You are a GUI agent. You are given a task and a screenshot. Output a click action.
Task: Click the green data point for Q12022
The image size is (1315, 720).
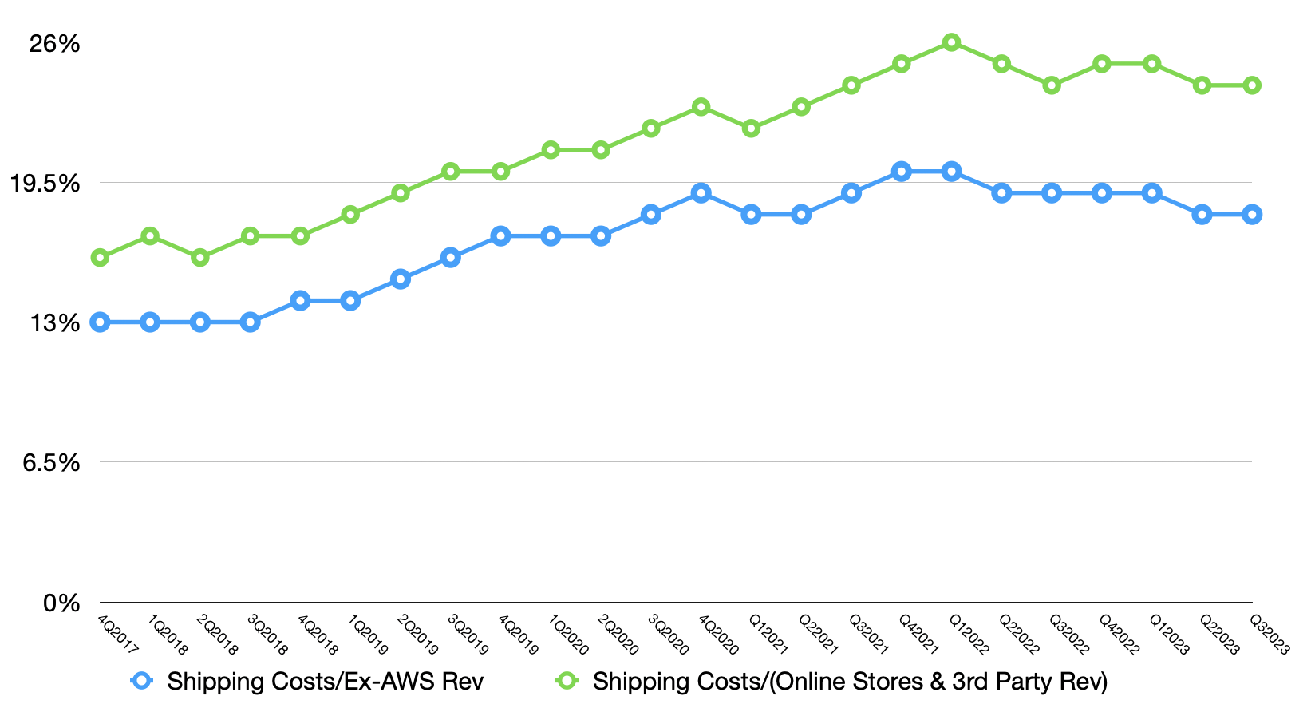click(951, 42)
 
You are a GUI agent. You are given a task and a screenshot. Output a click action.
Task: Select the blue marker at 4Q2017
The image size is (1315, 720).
click(101, 322)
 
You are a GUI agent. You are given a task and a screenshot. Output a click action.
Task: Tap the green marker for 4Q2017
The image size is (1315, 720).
click(101, 257)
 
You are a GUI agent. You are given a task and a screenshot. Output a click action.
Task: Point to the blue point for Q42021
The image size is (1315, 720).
click(902, 171)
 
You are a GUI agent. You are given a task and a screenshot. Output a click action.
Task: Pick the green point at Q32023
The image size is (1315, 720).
click(1252, 85)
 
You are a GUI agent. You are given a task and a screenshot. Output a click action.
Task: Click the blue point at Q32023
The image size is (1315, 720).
click(1252, 214)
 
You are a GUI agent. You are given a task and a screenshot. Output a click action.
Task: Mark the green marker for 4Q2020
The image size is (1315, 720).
click(701, 107)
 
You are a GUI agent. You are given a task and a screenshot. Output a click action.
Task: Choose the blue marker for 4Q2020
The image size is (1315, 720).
click(701, 192)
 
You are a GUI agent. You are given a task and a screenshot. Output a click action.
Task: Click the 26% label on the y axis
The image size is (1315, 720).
click(54, 43)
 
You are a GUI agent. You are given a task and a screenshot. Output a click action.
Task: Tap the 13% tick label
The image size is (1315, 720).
click(54, 322)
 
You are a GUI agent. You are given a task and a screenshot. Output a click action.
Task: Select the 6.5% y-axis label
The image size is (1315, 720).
click(49, 462)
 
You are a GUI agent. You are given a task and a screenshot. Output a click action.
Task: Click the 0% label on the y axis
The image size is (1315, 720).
click(61, 603)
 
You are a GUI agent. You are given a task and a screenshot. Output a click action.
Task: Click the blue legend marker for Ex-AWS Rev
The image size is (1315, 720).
click(141, 681)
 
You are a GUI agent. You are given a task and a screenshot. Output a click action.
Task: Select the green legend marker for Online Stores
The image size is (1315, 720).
click(567, 681)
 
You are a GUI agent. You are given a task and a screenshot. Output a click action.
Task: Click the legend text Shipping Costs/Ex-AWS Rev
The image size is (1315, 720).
click(325, 682)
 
